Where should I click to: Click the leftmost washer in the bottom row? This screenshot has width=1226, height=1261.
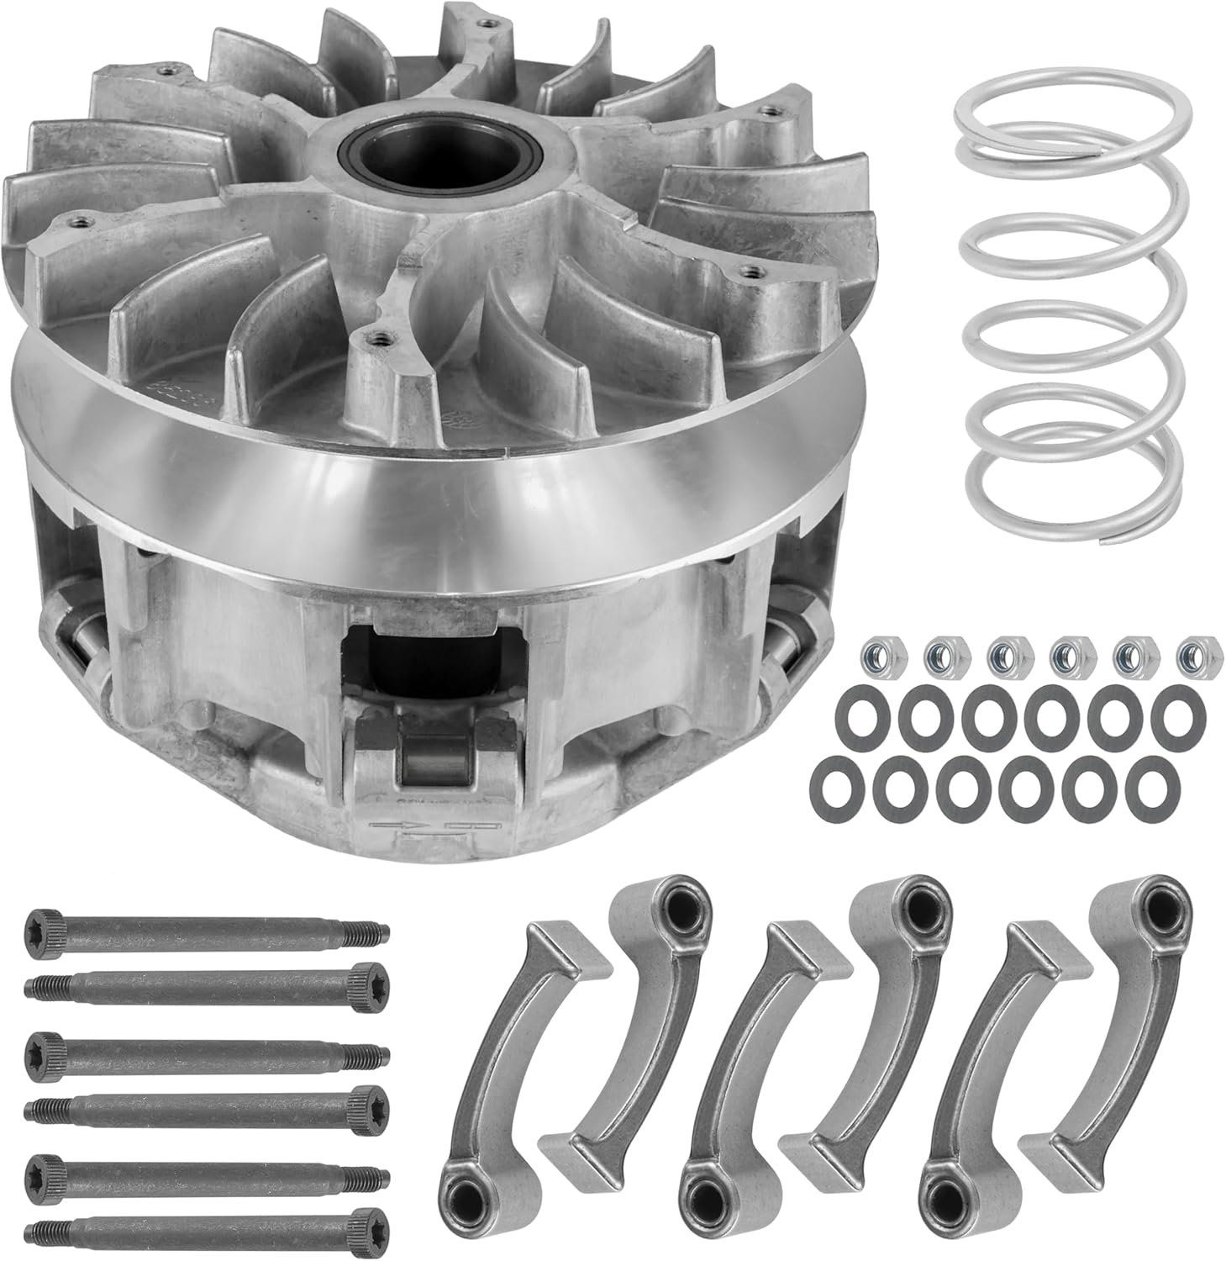click(834, 783)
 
